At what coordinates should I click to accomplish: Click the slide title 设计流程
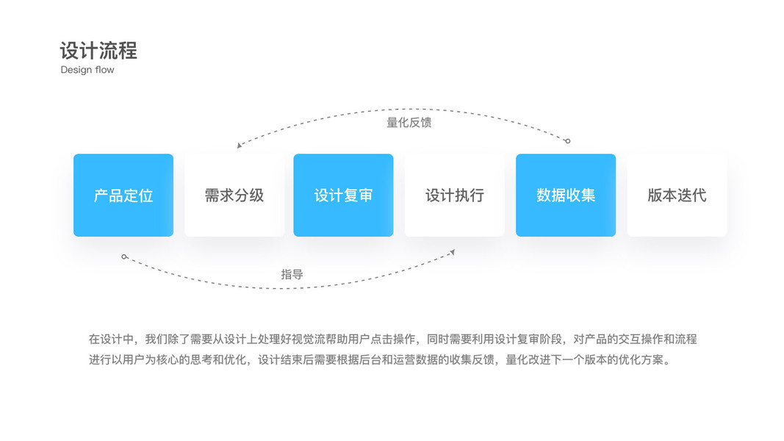(98, 51)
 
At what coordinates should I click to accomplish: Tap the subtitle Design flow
(87, 70)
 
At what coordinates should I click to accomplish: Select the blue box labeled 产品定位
(123, 196)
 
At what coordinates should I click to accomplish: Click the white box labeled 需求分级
(234, 196)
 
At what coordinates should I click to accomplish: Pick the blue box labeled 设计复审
(343, 196)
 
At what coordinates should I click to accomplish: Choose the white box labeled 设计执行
(455, 196)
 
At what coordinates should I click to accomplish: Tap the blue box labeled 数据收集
(566, 196)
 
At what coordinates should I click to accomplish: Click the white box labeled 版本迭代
(677, 196)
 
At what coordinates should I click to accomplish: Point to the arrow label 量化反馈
(409, 123)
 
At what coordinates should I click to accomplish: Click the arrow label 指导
(292, 274)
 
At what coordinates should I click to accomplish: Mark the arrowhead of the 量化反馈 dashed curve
(239, 146)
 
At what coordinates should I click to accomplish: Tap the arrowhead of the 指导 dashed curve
(453, 252)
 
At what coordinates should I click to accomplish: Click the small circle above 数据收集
(567, 141)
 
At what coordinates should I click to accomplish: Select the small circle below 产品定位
(124, 257)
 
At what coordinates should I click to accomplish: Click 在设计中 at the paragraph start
(109, 340)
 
